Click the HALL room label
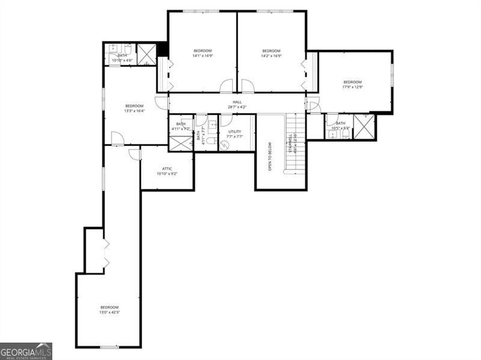pyautogui.click(x=237, y=102)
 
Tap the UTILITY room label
pyautogui.click(x=234, y=132)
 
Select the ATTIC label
pyautogui.click(x=167, y=169)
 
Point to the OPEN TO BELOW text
pyautogui.click(x=270, y=156)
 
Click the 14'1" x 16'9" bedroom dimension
pyautogui.click(x=203, y=56)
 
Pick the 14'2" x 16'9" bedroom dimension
pyautogui.click(x=271, y=56)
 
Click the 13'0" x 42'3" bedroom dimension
pyautogui.click(x=109, y=313)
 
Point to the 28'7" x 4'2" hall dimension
pyautogui.click(x=237, y=108)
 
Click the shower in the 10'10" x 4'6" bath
pyautogui.click(x=146, y=54)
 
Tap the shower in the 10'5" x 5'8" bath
pyautogui.click(x=364, y=127)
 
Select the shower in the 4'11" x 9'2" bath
pyautogui.click(x=180, y=144)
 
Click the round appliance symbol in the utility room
pyautogui.click(x=224, y=144)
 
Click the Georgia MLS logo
pyautogui.click(x=26, y=351)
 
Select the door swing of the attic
pyautogui.click(x=135, y=154)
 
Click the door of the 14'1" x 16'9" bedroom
pyautogui.click(x=226, y=87)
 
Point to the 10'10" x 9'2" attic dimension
pyautogui.click(x=167, y=174)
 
